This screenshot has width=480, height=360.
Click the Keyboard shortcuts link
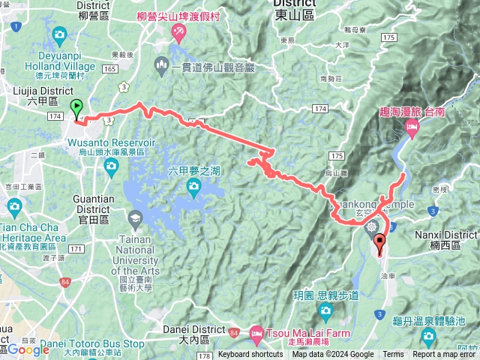(x=250, y=355)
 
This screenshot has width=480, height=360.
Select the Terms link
(x=393, y=355)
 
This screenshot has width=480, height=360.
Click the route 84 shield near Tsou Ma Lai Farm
(x=234, y=332)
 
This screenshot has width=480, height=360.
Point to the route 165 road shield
(x=109, y=69)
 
